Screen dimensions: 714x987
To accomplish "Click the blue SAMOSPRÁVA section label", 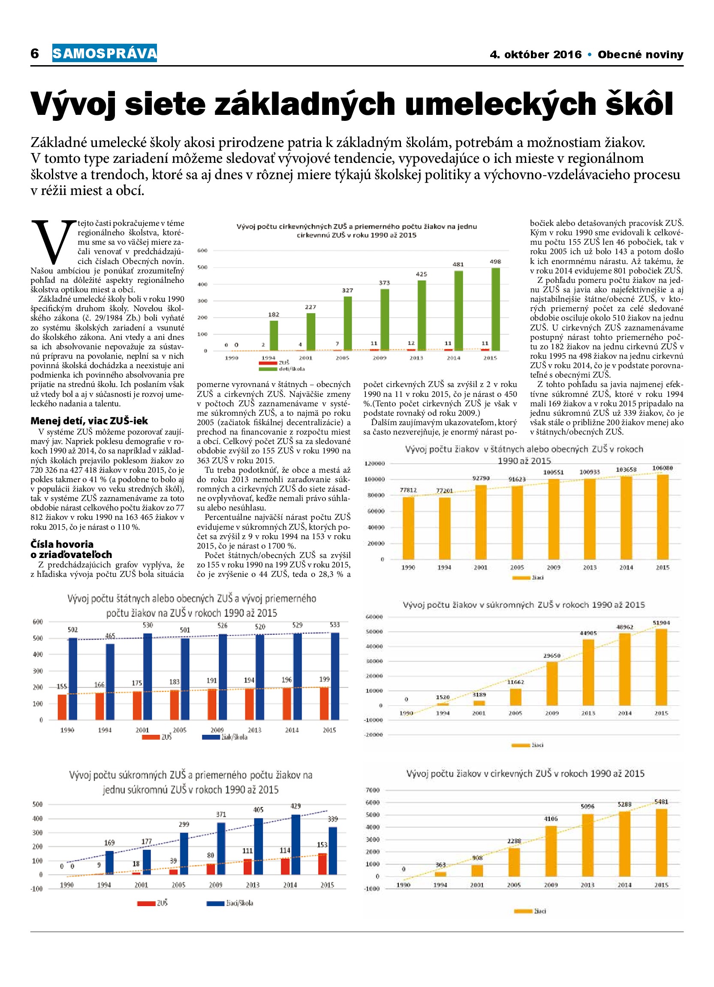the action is (105, 53).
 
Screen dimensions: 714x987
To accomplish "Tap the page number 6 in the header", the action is (35, 54).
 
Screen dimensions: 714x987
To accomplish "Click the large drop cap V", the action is (53, 242).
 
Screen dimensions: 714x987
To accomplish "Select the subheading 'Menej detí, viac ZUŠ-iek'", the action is (89, 421).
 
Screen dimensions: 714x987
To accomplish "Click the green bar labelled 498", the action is (495, 309).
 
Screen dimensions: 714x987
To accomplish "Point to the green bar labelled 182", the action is (274, 336).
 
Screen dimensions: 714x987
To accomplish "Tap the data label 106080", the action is (662, 468).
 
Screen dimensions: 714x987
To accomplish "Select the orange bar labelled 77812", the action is (408, 528).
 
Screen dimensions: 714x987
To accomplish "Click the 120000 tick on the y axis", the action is (374, 463).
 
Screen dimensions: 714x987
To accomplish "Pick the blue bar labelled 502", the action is (73, 678).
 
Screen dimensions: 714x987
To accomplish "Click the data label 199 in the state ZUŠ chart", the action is (324, 679).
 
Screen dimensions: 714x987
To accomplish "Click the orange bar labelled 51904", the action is (661, 667).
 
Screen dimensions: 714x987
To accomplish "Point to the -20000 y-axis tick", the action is (374, 735).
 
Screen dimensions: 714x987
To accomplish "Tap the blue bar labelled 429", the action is (295, 844).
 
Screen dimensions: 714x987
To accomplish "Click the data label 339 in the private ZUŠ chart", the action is (333, 819).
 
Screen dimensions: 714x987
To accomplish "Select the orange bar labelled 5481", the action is (661, 843).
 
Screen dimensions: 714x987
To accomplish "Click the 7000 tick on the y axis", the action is (373, 790).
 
